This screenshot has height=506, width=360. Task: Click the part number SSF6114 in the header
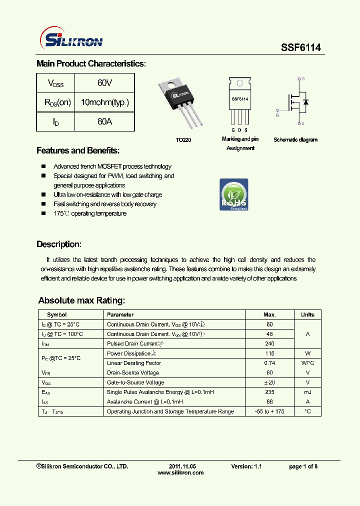[x=300, y=47]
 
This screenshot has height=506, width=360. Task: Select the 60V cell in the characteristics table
[x=104, y=83]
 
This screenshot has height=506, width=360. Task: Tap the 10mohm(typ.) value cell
[x=104, y=102]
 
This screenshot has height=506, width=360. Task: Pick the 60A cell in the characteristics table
[x=104, y=121]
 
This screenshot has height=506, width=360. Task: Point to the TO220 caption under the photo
[x=183, y=140]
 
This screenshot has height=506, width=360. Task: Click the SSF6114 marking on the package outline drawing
[x=240, y=99]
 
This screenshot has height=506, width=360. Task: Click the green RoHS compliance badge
[x=233, y=194]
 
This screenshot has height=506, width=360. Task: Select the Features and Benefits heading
[x=78, y=151]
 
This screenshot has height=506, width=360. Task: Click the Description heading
[x=58, y=244]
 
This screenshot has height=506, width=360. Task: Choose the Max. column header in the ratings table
[x=269, y=314]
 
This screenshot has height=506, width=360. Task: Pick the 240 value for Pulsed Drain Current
[x=269, y=344]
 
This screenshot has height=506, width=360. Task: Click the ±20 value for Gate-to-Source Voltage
[x=269, y=382]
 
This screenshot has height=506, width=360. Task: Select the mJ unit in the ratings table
[x=307, y=392]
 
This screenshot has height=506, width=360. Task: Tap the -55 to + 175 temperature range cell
[x=269, y=411]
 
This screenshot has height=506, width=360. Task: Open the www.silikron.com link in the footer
[x=180, y=473]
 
